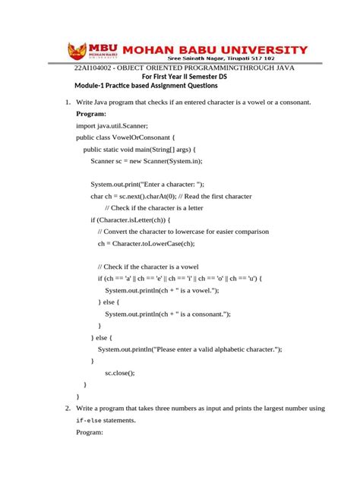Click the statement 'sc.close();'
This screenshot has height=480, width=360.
(x=120, y=372)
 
